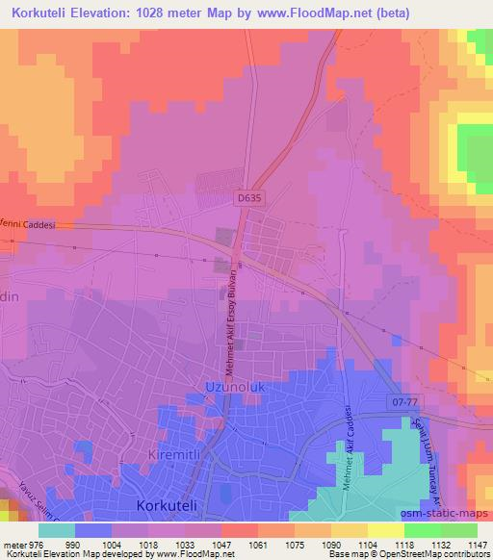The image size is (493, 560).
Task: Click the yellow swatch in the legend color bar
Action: [x=385, y=529]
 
